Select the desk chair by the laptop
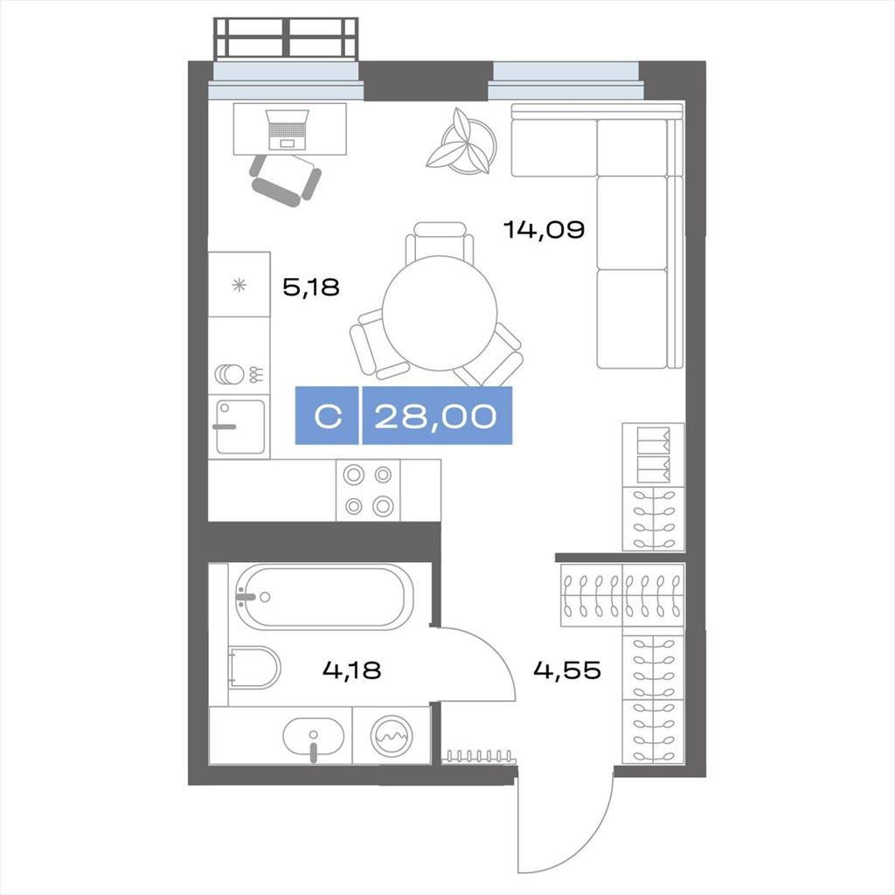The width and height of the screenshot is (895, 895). [x=286, y=180]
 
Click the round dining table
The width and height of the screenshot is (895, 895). [x=440, y=313]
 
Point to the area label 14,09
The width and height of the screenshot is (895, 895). [x=544, y=230]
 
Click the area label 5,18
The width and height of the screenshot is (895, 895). [x=311, y=287]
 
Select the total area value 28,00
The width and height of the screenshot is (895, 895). [x=435, y=416]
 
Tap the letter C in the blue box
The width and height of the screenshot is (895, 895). [x=329, y=416]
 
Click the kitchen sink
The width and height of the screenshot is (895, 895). [x=239, y=427]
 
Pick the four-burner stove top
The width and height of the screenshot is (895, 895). [x=368, y=490]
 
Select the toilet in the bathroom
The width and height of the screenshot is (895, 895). [x=253, y=667]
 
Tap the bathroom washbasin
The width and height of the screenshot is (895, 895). [x=314, y=737]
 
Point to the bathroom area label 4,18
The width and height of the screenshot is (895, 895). [x=351, y=670]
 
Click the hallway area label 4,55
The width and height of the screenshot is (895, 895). [x=566, y=670]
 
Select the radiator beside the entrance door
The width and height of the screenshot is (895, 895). [x=479, y=757]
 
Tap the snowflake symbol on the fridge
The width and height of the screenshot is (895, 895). [x=239, y=285]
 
